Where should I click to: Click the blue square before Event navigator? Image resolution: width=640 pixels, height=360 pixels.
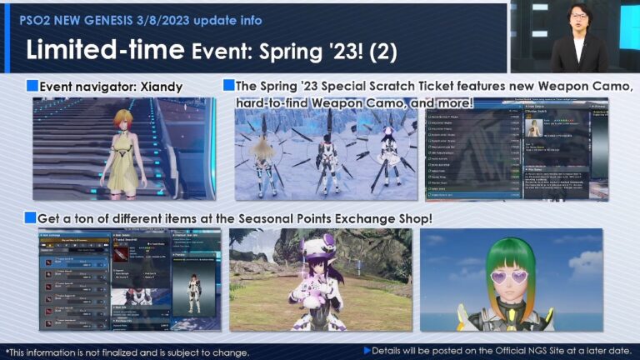tap(32, 86)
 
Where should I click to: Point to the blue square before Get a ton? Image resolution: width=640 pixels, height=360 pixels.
tap(32, 217)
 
